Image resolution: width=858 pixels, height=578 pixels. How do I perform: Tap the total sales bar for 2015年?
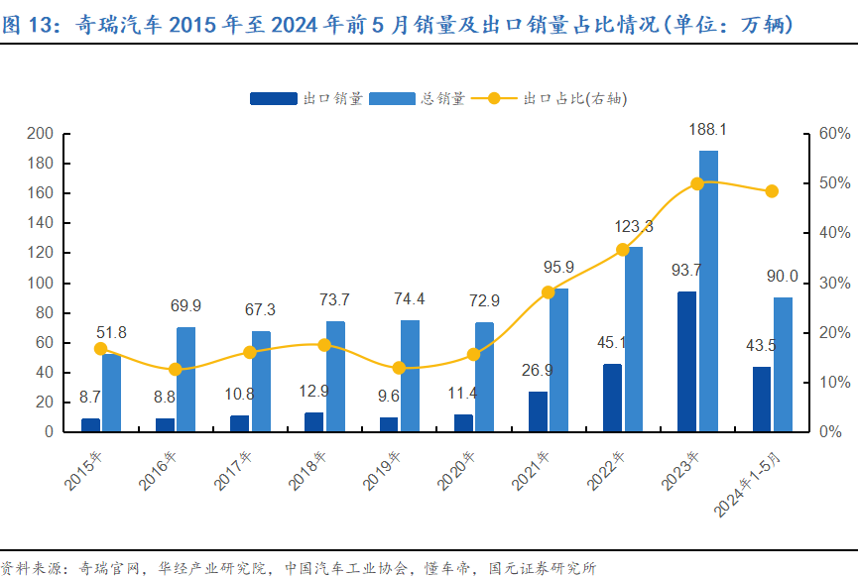pyautogui.click(x=111, y=393)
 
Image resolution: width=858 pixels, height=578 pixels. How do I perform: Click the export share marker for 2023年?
pyautogui.click(x=697, y=183)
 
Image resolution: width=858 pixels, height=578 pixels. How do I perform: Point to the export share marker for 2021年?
pyautogui.click(x=549, y=291)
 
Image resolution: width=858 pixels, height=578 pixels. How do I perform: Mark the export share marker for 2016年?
pyautogui.click(x=176, y=369)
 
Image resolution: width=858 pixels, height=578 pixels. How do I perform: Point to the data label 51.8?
pyautogui.click(x=111, y=332)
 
